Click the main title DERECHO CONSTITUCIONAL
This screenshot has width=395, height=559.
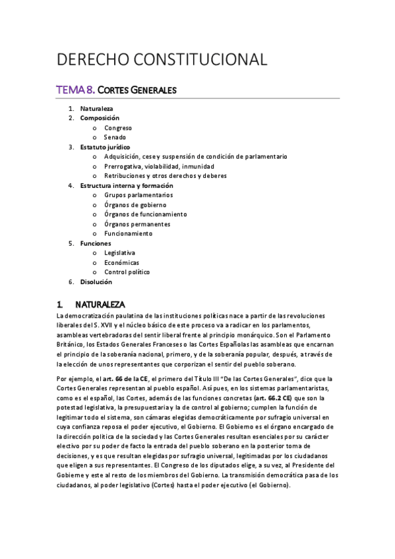(x=162, y=59)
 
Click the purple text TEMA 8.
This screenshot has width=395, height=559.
(x=76, y=89)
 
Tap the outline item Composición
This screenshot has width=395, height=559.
(x=100, y=118)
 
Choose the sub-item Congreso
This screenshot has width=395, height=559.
(x=118, y=128)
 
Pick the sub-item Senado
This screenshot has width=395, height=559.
(x=115, y=137)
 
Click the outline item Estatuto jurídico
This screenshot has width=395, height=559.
(x=105, y=147)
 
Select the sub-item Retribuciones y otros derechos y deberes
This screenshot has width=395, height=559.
(x=165, y=176)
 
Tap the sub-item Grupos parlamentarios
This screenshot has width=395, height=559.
(x=138, y=195)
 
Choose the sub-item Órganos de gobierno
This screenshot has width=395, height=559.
(x=136, y=205)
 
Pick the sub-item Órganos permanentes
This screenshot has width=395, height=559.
(x=137, y=224)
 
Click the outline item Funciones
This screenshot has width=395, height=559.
(x=96, y=243)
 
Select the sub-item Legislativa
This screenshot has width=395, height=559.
(x=119, y=253)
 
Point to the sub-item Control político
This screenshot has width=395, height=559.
(x=127, y=272)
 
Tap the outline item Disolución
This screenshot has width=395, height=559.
(x=96, y=281)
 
